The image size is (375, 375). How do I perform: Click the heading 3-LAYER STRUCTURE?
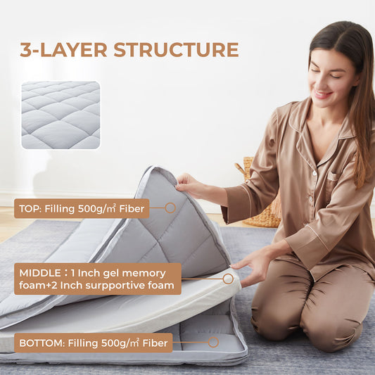(129, 50)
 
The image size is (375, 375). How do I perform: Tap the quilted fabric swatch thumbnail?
(61, 115)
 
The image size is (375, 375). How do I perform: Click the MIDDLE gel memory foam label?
(97, 279)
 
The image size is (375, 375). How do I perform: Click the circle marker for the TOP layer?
(170, 208)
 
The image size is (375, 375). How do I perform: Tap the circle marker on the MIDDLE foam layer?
(228, 279)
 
